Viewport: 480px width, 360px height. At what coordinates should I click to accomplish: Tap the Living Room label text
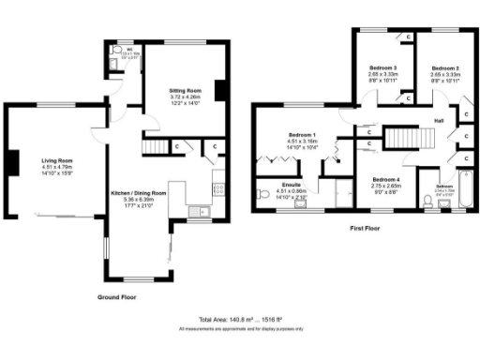pos(56,160)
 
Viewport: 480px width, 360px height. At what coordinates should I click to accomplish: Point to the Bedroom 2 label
pos(444,69)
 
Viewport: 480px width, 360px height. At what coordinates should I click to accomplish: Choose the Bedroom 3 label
pos(382,69)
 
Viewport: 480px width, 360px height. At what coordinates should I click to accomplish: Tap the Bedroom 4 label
pos(386,179)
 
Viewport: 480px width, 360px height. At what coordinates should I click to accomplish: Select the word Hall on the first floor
pos(439,121)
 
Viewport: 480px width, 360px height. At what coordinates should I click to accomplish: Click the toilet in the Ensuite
pos(262,195)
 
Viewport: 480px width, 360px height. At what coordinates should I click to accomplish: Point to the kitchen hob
pos(218,187)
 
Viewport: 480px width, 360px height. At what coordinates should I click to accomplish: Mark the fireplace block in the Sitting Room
pos(220,91)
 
